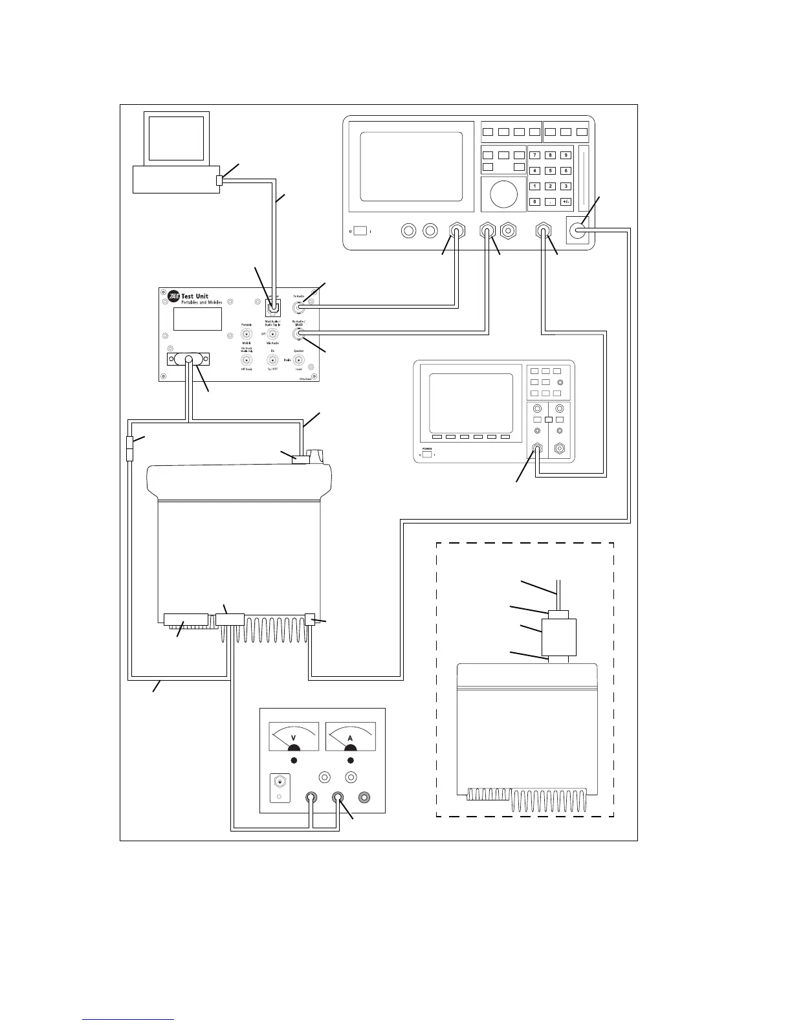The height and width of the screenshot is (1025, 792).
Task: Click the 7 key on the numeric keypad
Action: click(534, 155)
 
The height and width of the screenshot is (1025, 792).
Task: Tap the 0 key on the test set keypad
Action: click(534, 202)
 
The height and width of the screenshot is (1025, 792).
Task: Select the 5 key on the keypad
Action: click(550, 171)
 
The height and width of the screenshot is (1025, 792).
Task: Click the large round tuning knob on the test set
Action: click(503, 193)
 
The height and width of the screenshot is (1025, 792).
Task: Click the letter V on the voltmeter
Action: click(294, 738)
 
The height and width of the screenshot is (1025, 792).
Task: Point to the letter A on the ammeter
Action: click(350, 738)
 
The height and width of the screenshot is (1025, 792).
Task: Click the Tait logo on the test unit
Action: click(173, 297)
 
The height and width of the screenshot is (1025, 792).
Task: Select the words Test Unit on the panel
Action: click(195, 296)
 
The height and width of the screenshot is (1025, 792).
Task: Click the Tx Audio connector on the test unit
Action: click(299, 308)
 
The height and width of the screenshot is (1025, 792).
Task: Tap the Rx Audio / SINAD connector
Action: click(299, 334)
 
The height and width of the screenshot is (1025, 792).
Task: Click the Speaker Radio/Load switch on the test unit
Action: click(299, 360)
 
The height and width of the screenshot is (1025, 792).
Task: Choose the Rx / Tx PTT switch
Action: click(272, 360)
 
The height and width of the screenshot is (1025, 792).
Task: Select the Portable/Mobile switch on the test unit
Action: click(247, 334)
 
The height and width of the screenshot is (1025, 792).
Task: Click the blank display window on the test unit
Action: click(198, 319)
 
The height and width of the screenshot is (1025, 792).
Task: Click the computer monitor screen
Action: click(176, 137)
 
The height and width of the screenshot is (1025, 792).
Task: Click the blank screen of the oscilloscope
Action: click(471, 401)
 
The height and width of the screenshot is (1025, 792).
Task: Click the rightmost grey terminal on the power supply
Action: click(366, 798)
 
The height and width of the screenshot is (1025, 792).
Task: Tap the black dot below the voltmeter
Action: click(294, 760)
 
